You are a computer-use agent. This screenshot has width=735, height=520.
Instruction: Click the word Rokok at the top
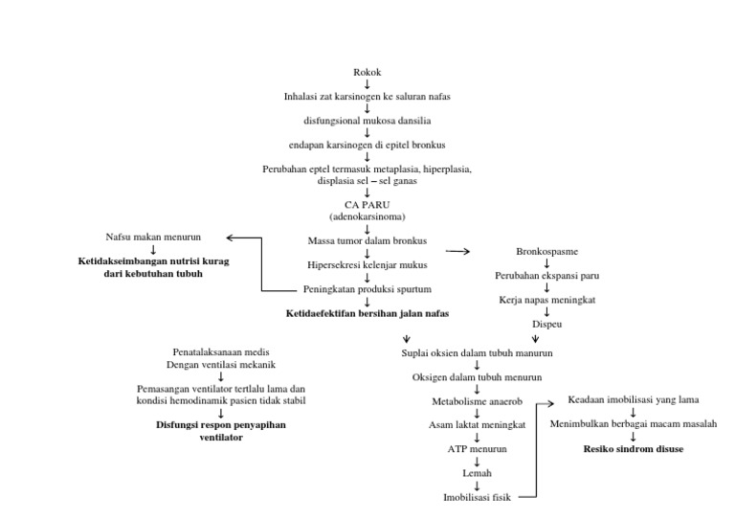coord(367,72)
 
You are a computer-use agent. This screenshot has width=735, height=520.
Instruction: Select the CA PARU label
coord(367,206)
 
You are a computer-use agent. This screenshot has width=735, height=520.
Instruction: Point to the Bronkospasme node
coord(546,251)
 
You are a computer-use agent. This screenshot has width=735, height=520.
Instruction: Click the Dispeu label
coord(546,325)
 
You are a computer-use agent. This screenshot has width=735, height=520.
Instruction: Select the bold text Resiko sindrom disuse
coord(634,448)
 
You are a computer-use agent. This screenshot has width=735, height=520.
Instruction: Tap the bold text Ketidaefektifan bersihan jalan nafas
coord(367,313)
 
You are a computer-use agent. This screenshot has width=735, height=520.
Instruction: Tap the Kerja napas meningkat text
coord(546,300)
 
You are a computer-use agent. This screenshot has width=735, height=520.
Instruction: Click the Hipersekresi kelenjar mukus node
coord(367,264)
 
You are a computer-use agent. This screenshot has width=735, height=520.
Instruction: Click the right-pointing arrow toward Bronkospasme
coord(458,251)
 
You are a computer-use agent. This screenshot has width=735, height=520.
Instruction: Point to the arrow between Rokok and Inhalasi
coord(367,84)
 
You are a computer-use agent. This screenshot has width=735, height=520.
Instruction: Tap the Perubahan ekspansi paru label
coord(546,276)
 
